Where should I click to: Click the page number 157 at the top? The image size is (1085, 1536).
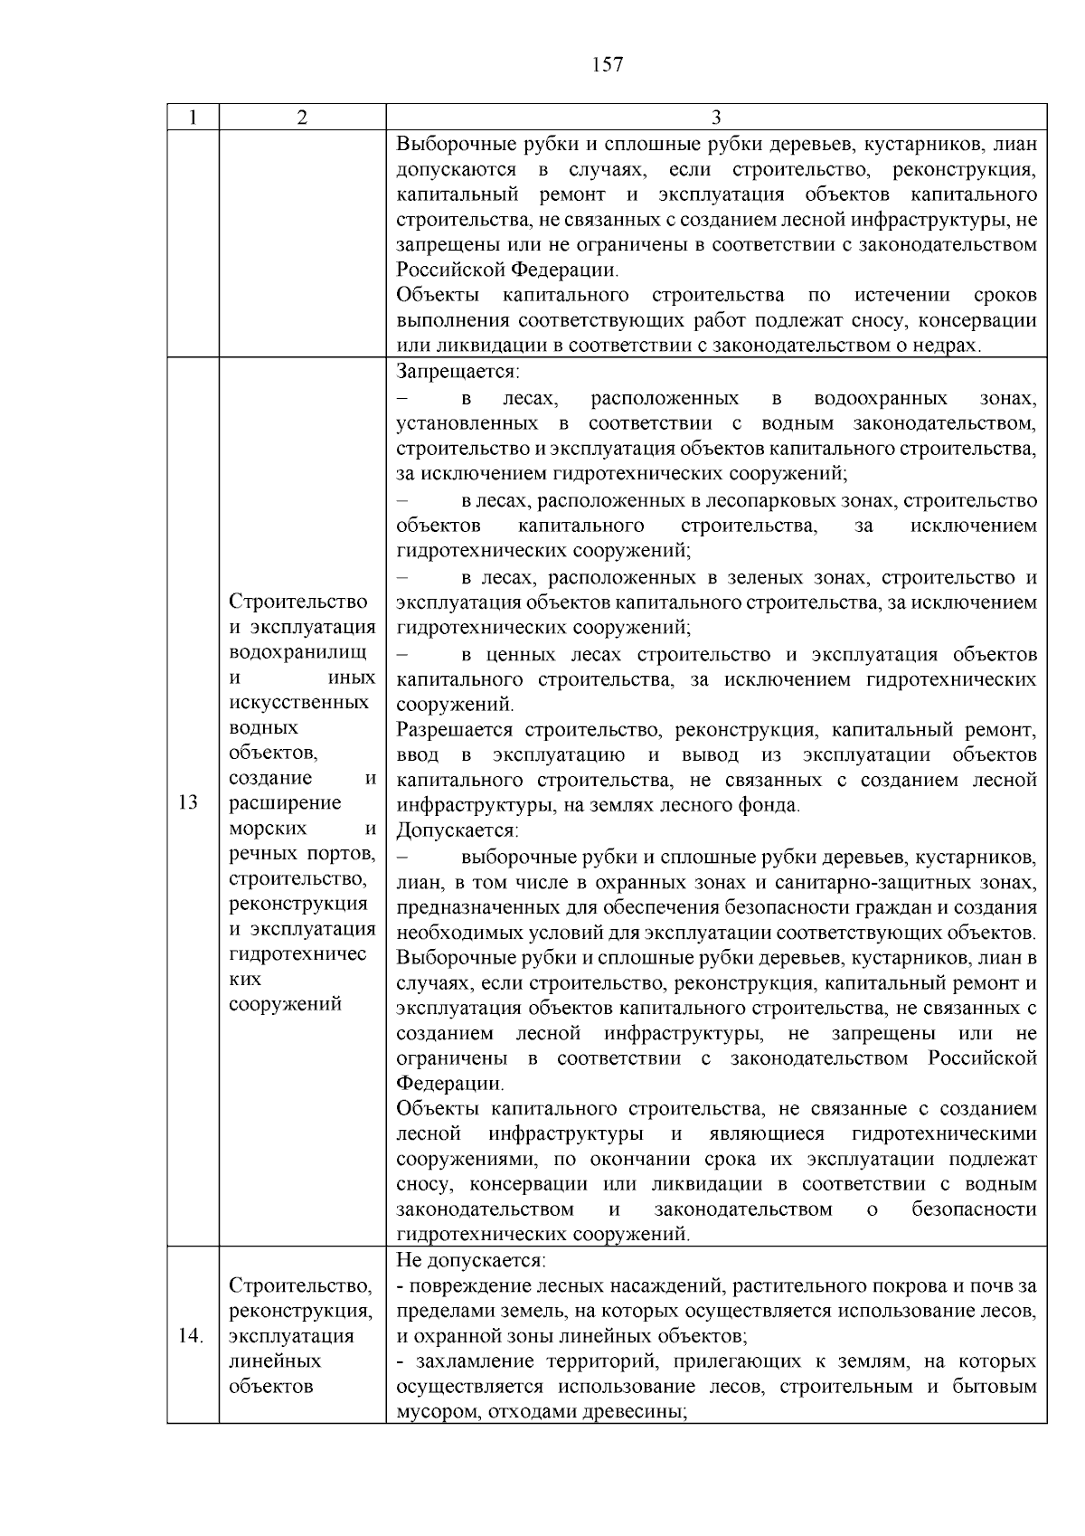pyautogui.click(x=607, y=65)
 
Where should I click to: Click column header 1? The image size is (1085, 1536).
pyautogui.click(x=193, y=118)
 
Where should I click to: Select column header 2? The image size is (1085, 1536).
pyautogui.click(x=302, y=118)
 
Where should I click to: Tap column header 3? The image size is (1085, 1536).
pyautogui.click(x=715, y=118)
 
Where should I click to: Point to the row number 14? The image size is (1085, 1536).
pyautogui.click(x=191, y=1336)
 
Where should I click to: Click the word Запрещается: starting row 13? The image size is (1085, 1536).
pyautogui.click(x=458, y=372)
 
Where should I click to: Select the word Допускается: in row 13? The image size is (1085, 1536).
pyautogui.click(x=458, y=830)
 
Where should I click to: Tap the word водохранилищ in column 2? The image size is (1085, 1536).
pyautogui.click(x=298, y=652)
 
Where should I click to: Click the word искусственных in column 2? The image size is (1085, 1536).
pyautogui.click(x=299, y=703)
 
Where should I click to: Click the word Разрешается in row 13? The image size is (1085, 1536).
pyautogui.click(x=455, y=730)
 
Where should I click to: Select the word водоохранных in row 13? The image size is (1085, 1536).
pyautogui.click(x=881, y=399)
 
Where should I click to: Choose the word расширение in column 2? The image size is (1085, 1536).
pyautogui.click(x=286, y=803)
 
